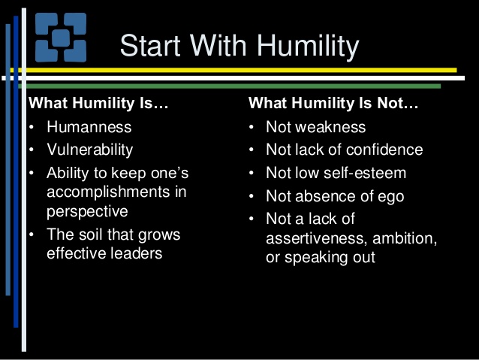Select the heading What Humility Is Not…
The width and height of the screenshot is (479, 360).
333,104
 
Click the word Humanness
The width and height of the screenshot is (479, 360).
89,127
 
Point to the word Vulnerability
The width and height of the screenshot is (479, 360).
90,149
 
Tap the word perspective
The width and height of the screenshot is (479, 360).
87,211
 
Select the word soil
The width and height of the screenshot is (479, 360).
89,234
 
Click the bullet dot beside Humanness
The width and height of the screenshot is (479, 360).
32,127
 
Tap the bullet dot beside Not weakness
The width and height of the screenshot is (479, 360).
252,127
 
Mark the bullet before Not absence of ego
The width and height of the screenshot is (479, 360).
252,196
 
